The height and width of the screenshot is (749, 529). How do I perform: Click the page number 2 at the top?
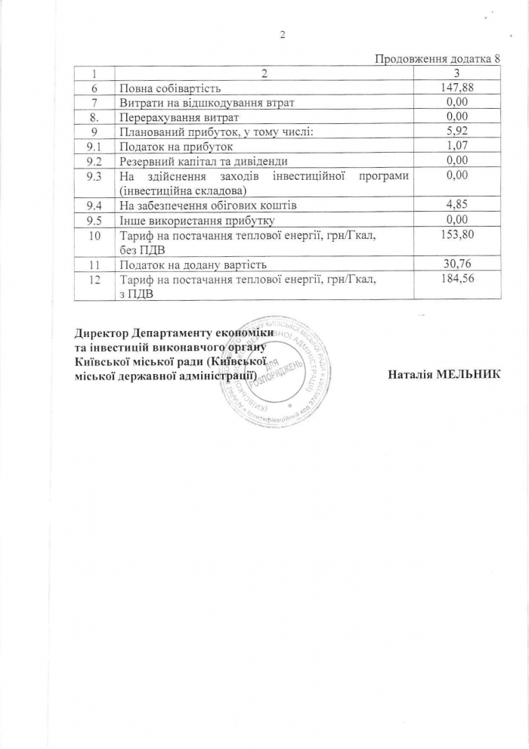[x=281, y=34]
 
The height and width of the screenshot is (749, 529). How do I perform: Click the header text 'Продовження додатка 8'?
[x=438, y=60]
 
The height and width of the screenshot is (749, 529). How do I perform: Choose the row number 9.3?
[x=94, y=175]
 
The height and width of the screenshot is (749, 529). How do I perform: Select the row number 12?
[x=94, y=279]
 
